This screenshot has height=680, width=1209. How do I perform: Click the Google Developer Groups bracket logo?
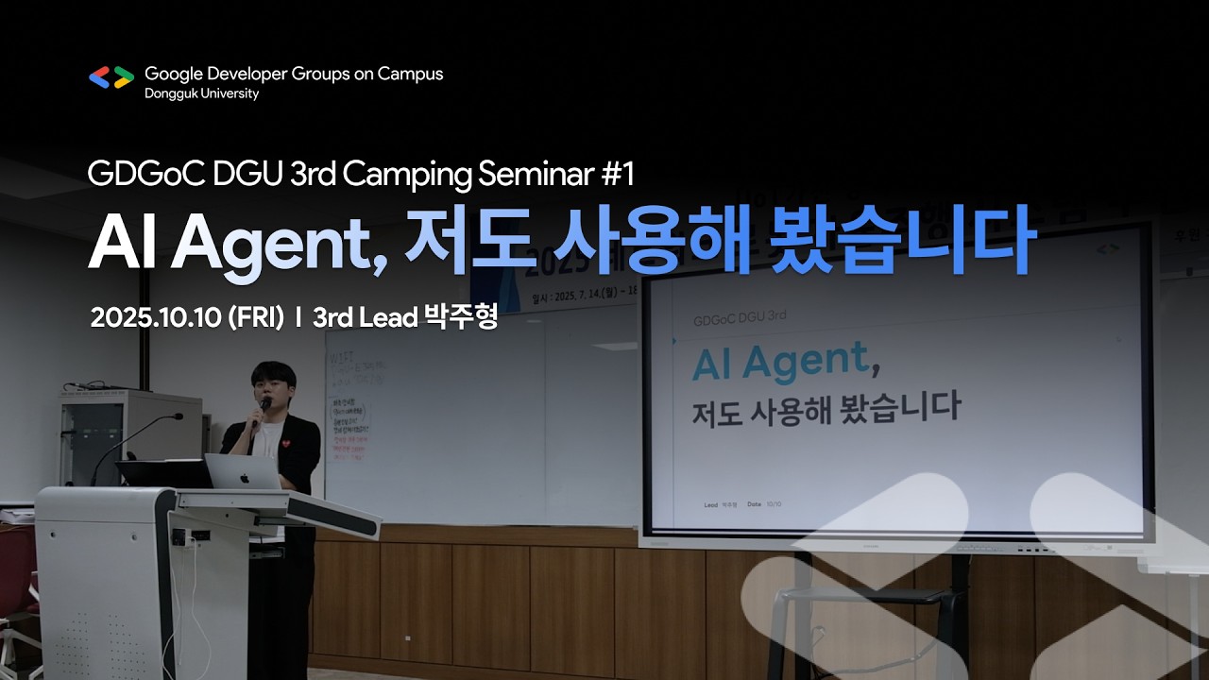pos(111,77)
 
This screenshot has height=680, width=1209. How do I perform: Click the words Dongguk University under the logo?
pos(201,93)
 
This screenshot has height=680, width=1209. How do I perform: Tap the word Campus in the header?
pos(410,74)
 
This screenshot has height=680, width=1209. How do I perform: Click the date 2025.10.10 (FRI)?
pos(187,318)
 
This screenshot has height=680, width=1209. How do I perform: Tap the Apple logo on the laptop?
pos(244,476)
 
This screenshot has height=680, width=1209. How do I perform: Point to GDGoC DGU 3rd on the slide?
pos(740,316)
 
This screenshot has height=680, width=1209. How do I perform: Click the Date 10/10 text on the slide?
pos(764,504)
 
